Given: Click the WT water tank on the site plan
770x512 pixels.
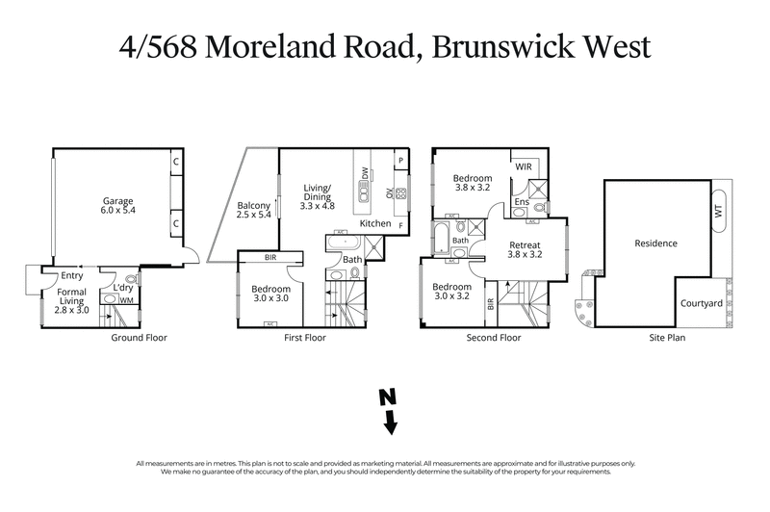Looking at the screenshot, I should point(718,209).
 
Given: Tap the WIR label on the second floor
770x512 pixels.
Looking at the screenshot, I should point(525,167).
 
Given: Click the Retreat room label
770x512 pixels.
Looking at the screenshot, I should point(526,249).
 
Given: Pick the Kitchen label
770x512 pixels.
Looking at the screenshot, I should point(375,223).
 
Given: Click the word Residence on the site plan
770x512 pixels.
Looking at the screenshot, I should point(656,243).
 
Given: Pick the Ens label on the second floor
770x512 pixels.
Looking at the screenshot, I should point(521,203).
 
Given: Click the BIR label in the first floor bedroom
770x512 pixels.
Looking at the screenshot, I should point(271,257).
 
